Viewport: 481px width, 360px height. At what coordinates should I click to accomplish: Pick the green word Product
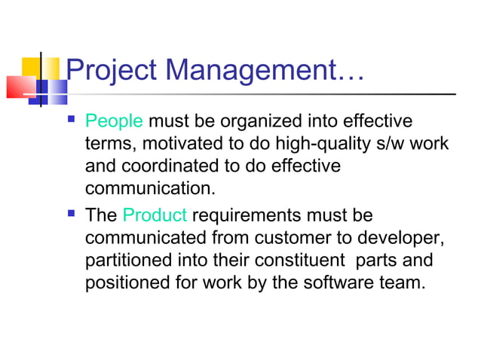pos(154,216)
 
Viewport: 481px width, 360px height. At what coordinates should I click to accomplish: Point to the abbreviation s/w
pos(400,144)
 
